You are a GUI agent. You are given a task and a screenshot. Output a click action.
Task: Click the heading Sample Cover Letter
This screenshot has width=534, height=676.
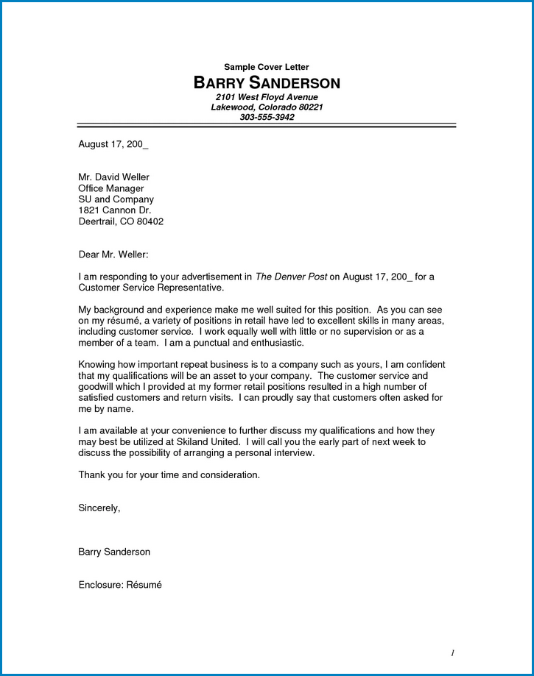point(267,67)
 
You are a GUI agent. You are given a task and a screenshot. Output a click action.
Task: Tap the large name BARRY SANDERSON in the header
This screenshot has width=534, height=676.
point(267,82)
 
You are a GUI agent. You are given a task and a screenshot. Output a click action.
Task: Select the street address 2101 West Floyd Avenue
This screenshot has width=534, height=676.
point(267,97)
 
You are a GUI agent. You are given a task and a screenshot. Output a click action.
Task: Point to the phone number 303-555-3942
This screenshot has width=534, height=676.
point(267,117)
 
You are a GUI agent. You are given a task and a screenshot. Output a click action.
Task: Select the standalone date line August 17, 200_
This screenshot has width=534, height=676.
point(113,144)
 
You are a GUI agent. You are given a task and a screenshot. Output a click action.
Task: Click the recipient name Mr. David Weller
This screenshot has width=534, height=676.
point(113,177)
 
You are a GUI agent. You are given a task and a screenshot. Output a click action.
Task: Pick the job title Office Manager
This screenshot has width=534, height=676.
point(110,188)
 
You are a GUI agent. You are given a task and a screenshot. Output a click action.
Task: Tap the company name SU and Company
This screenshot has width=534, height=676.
point(116,199)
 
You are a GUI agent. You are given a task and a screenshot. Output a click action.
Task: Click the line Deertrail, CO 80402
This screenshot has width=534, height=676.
point(121,221)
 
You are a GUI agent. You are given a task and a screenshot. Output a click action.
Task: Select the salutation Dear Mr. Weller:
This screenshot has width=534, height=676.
point(113,255)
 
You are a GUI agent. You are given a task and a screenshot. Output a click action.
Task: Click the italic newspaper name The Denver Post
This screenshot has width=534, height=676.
point(290,277)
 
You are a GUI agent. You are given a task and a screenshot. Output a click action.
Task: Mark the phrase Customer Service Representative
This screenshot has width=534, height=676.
point(150,288)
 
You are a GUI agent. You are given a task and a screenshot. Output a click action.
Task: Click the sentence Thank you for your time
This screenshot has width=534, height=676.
point(169,475)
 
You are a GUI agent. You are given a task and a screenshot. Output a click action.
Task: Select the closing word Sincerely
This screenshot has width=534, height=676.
point(99,508)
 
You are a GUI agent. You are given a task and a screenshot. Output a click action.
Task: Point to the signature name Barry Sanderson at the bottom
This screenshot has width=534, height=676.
point(114,552)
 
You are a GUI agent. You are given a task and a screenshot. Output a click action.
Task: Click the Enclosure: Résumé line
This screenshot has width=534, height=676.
point(119,585)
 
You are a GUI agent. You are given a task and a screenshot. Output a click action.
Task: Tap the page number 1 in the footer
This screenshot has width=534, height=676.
point(453,652)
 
